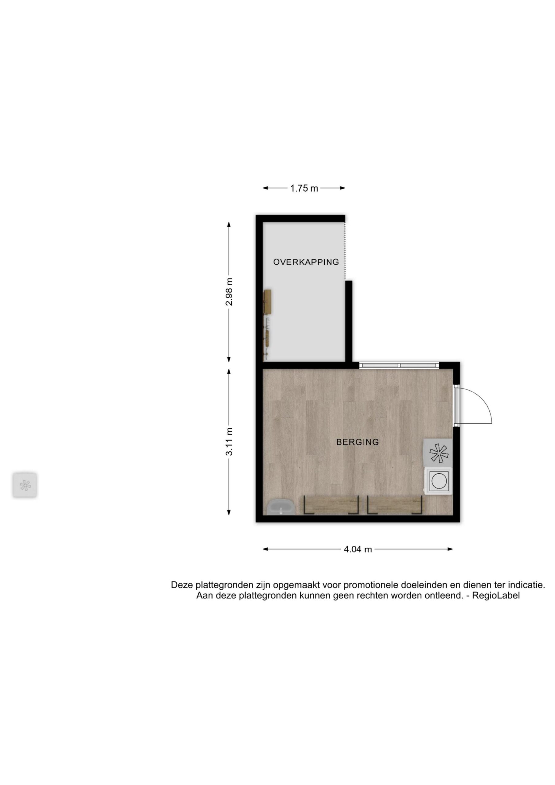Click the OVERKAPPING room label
[x=306, y=262]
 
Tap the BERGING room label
[x=357, y=442]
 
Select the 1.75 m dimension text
[x=304, y=188]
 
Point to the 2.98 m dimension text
[x=229, y=292]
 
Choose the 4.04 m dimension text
[x=358, y=549]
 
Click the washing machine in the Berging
[x=438, y=481]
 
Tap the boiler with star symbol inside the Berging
[x=438, y=453]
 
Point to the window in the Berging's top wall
[x=399, y=365]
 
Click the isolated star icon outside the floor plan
[x=25, y=485]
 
